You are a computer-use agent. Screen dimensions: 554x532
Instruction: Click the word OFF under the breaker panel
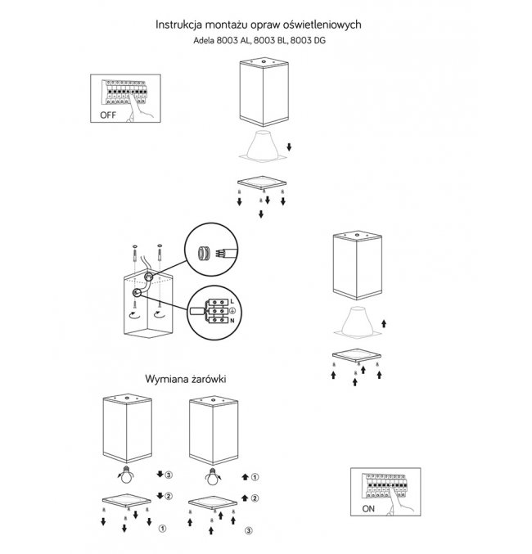(x=107, y=115)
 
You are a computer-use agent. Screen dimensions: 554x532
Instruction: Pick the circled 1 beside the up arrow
(x=255, y=475)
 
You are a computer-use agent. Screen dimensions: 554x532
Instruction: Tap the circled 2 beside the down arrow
(x=169, y=495)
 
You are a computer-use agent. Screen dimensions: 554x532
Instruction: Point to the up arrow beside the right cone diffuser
(x=383, y=325)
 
